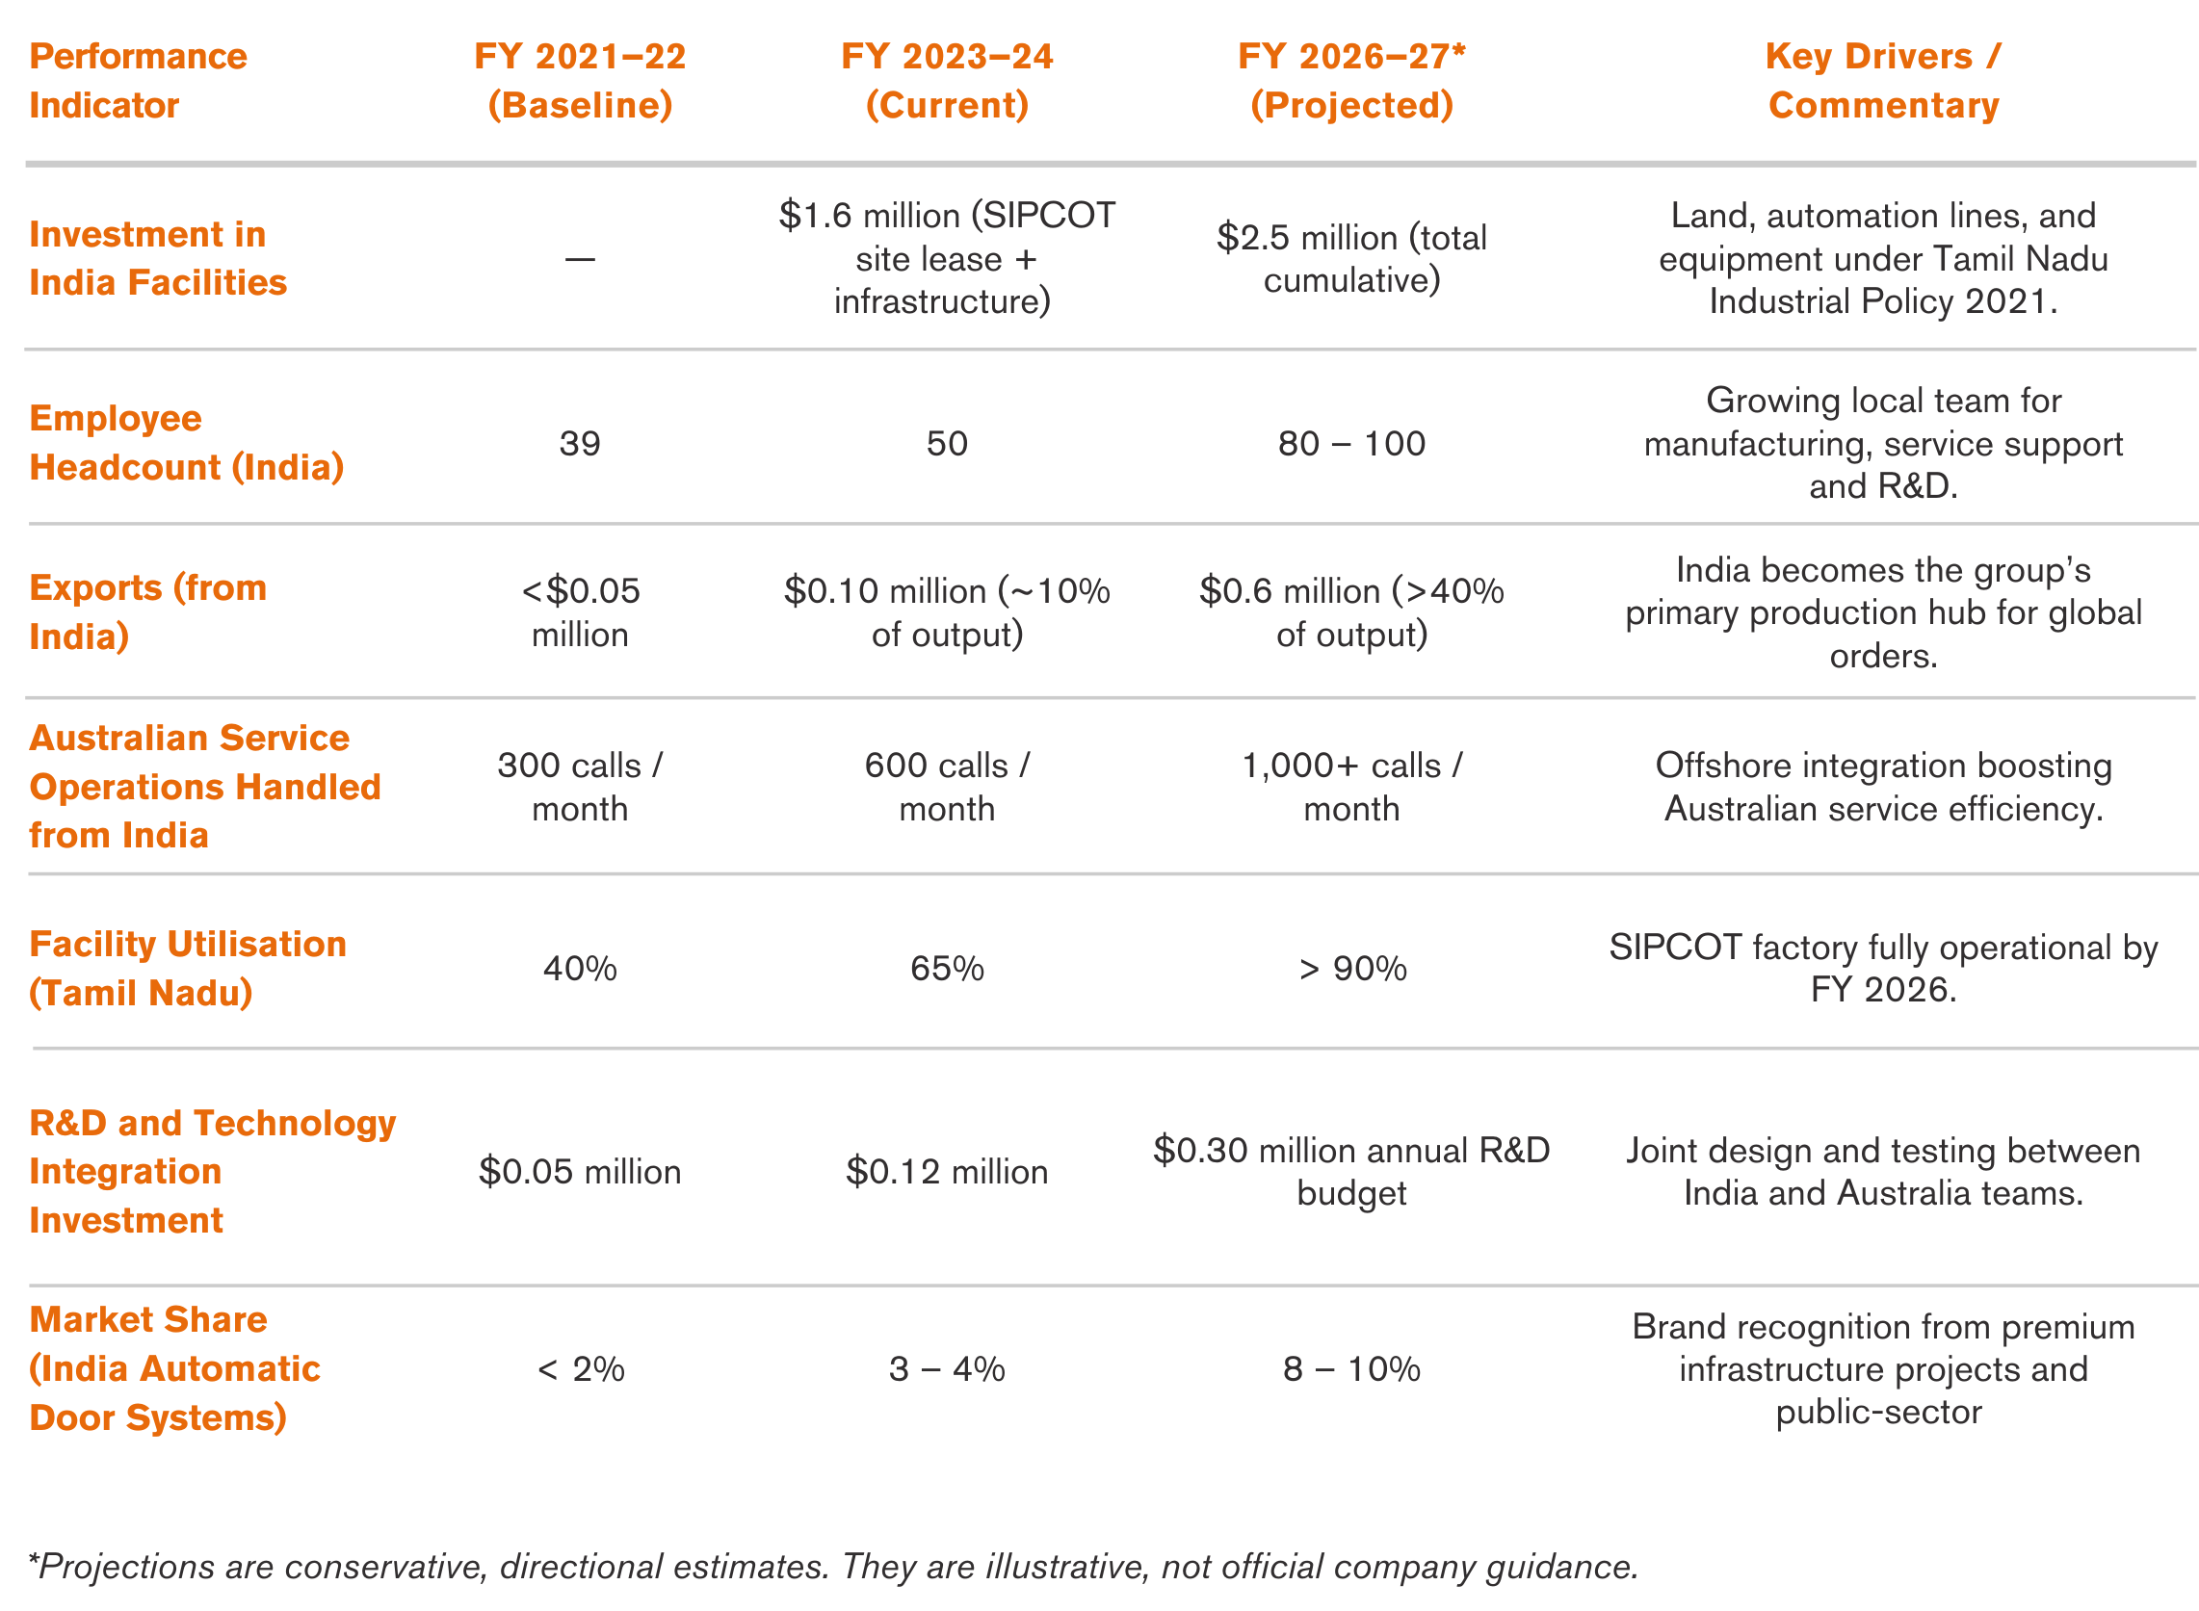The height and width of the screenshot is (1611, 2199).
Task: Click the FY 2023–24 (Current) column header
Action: [946, 80]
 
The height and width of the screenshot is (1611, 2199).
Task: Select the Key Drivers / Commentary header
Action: [1882, 80]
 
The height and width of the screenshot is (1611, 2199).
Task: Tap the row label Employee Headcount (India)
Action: [186, 442]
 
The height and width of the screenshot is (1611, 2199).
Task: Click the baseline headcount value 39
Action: [579, 444]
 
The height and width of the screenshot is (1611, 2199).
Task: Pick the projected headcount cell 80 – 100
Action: [1350, 444]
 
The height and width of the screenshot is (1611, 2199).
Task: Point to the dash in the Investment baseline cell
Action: [579, 259]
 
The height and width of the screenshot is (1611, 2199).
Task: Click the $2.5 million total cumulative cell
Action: [1350, 258]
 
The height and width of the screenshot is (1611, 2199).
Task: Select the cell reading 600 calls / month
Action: [946, 786]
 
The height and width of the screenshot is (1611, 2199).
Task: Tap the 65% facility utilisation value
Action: [946, 969]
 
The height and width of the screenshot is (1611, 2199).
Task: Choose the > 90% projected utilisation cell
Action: [1351, 969]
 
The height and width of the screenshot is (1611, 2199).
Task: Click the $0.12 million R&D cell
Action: [946, 1171]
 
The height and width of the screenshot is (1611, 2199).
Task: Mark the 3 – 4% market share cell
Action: [946, 1369]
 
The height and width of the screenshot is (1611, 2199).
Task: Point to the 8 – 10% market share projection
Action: [1350, 1369]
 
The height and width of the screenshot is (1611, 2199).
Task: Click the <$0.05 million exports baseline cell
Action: [579, 612]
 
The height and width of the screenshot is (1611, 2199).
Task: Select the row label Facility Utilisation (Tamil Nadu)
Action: [187, 969]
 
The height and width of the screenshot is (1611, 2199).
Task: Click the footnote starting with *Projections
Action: [833, 1566]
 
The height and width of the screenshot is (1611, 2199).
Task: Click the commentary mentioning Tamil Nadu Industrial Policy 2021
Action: [1882, 258]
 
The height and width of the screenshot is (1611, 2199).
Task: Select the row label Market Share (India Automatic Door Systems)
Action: [173, 1368]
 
